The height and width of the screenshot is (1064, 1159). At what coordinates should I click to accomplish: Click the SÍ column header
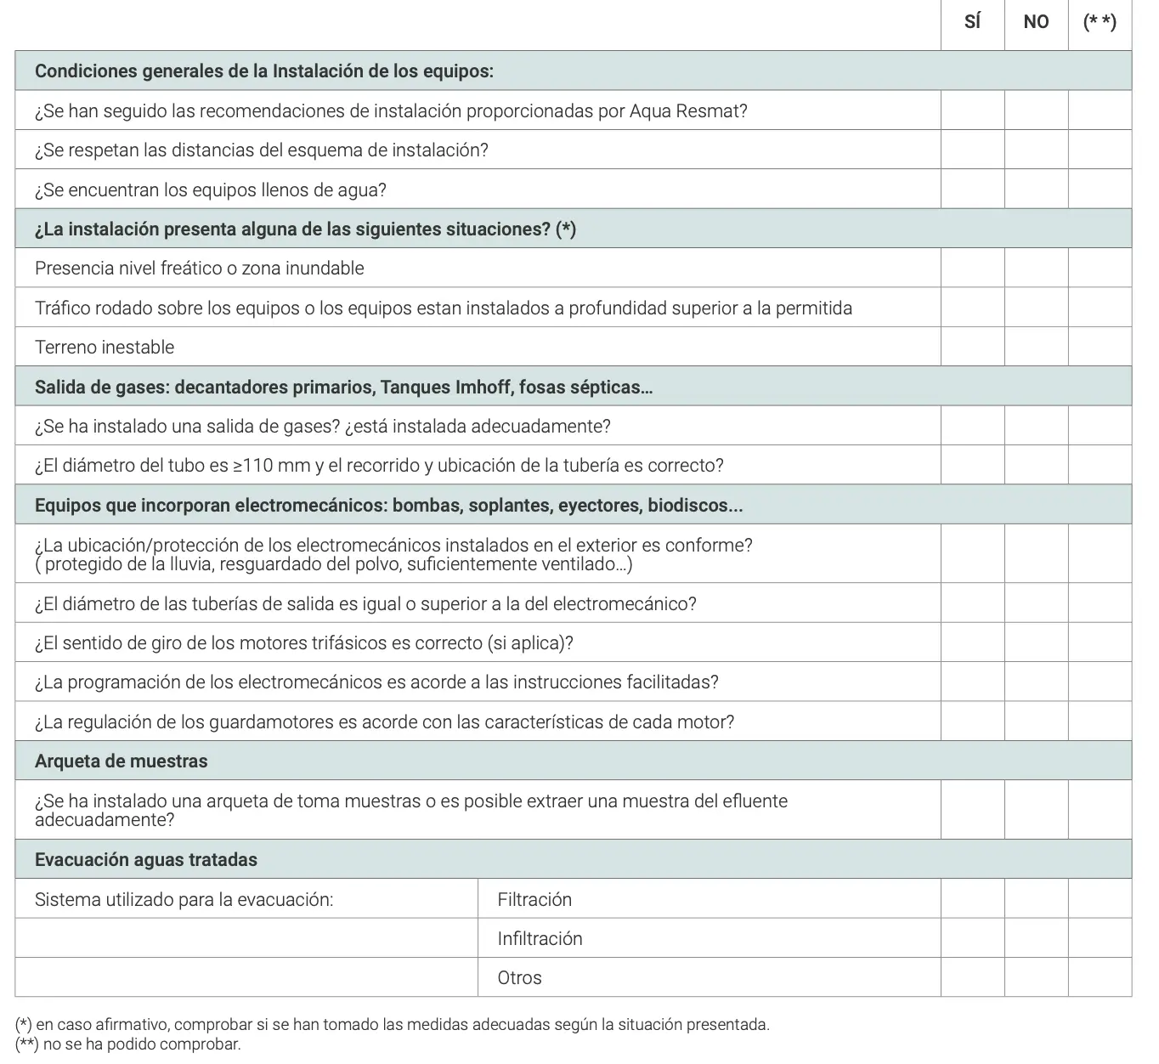coord(972,22)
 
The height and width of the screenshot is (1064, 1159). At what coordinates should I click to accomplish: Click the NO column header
coord(1036,22)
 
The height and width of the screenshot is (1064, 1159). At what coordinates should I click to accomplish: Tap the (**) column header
coord(1100,22)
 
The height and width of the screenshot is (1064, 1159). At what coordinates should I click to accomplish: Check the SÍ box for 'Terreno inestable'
coord(972,347)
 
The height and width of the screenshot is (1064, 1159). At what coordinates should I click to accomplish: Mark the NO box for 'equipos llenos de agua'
coord(1036,189)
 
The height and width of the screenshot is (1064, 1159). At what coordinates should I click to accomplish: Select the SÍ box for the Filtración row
coord(972,898)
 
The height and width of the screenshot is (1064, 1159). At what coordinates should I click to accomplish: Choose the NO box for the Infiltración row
coord(1036,937)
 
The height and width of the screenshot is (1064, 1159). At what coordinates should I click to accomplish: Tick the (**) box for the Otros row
coord(1100,977)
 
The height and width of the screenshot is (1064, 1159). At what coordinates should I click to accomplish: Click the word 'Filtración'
coord(534,899)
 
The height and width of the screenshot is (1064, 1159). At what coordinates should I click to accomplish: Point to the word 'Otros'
coord(519,977)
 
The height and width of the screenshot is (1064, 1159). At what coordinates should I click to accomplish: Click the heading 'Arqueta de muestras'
coord(121,761)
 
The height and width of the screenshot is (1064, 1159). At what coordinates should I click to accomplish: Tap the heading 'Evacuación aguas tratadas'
coord(145,860)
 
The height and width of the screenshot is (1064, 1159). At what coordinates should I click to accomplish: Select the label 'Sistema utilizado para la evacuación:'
coord(184,899)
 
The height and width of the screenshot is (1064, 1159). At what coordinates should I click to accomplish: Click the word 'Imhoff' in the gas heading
coord(480,388)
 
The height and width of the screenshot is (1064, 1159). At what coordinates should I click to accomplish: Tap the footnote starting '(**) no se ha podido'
coord(128,1044)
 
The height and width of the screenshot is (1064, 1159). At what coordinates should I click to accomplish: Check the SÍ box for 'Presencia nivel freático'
coord(972,268)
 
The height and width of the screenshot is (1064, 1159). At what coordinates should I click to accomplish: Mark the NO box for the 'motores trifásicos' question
coord(1036,642)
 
